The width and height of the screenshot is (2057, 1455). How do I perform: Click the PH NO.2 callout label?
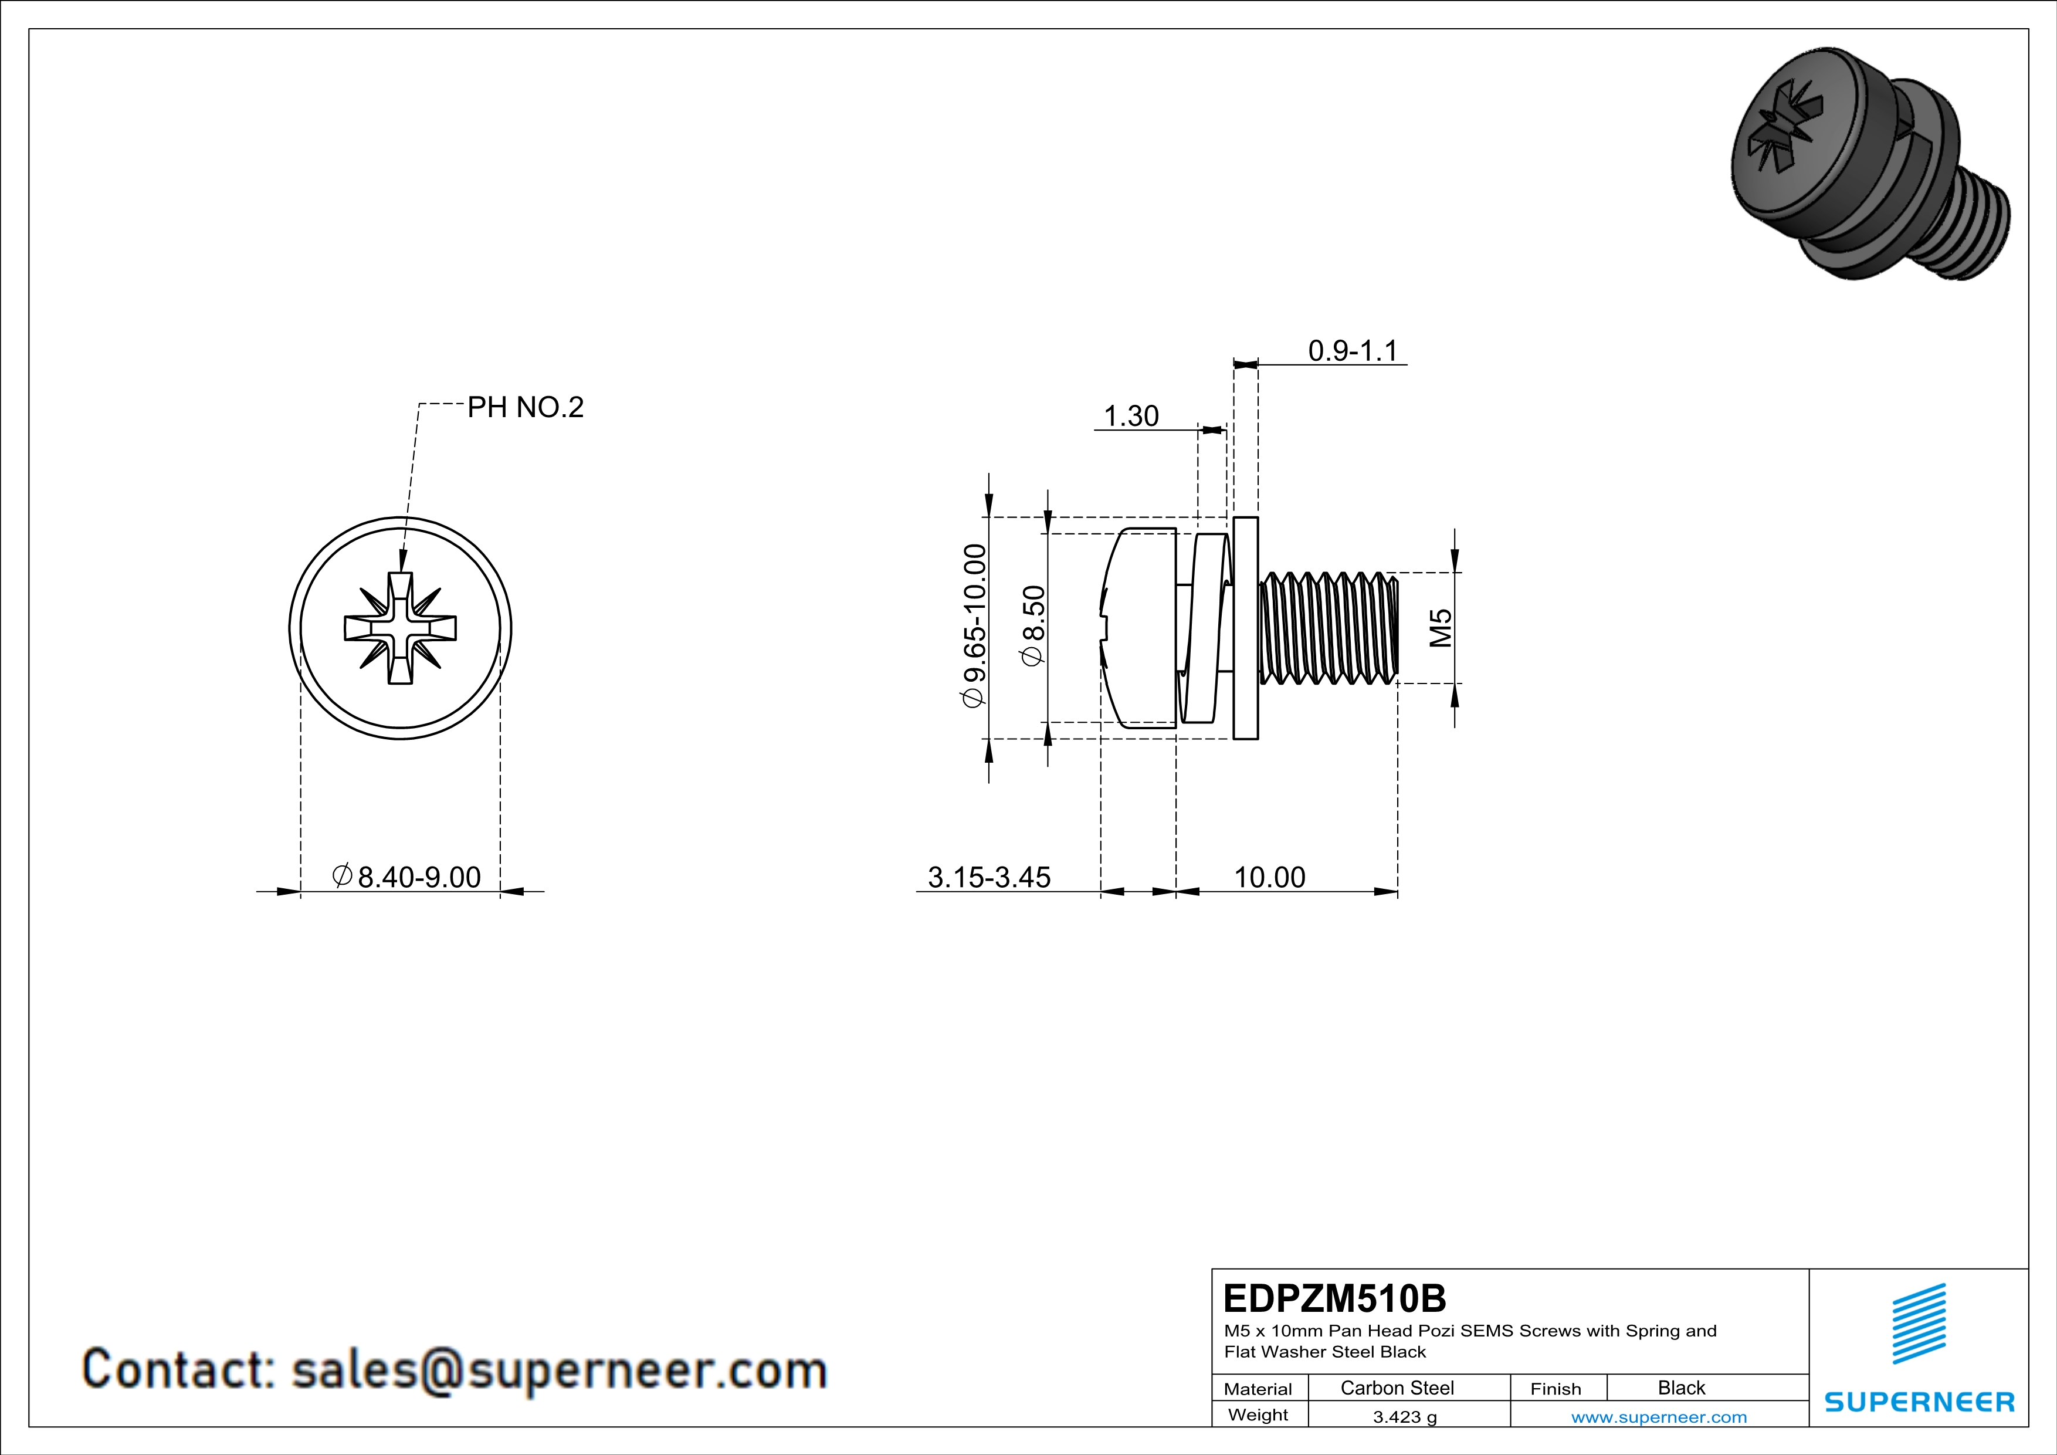click(525, 408)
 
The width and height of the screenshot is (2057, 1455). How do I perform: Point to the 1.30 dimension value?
click(1131, 416)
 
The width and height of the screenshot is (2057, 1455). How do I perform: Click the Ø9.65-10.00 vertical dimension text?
click(975, 626)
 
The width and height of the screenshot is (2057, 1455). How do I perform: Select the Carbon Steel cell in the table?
click(1397, 1388)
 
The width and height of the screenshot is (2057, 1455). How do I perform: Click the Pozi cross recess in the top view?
click(401, 628)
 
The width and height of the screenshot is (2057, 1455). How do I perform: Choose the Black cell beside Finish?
click(1680, 1388)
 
